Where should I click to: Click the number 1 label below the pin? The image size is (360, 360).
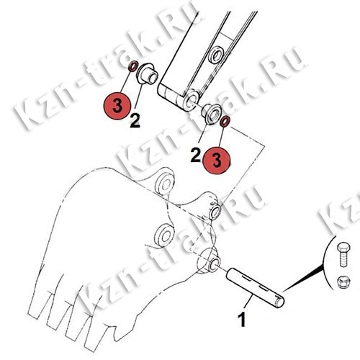pyautogui.click(x=242, y=319)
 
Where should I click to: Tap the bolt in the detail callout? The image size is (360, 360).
pyautogui.click(x=343, y=254)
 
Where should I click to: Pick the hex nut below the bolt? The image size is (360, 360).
pyautogui.click(x=343, y=282)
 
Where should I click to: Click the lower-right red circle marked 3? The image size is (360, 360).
pyautogui.click(x=217, y=161)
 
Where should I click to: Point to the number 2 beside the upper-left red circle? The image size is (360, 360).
pyautogui.click(x=135, y=121)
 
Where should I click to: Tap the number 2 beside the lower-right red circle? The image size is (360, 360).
pyautogui.click(x=196, y=155)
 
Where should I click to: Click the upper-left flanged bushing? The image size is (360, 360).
pyautogui.click(x=147, y=73)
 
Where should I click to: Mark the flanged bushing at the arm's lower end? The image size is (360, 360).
pyautogui.click(x=211, y=114)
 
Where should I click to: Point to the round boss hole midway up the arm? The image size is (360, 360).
pyautogui.click(x=216, y=55)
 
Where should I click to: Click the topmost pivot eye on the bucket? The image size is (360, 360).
pyautogui.click(x=164, y=184)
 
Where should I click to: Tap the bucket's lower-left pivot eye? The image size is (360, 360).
pyautogui.click(x=164, y=235)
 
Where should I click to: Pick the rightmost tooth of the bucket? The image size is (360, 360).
pyautogui.click(x=99, y=333)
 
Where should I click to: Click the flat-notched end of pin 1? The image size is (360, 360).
pyautogui.click(x=279, y=302)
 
